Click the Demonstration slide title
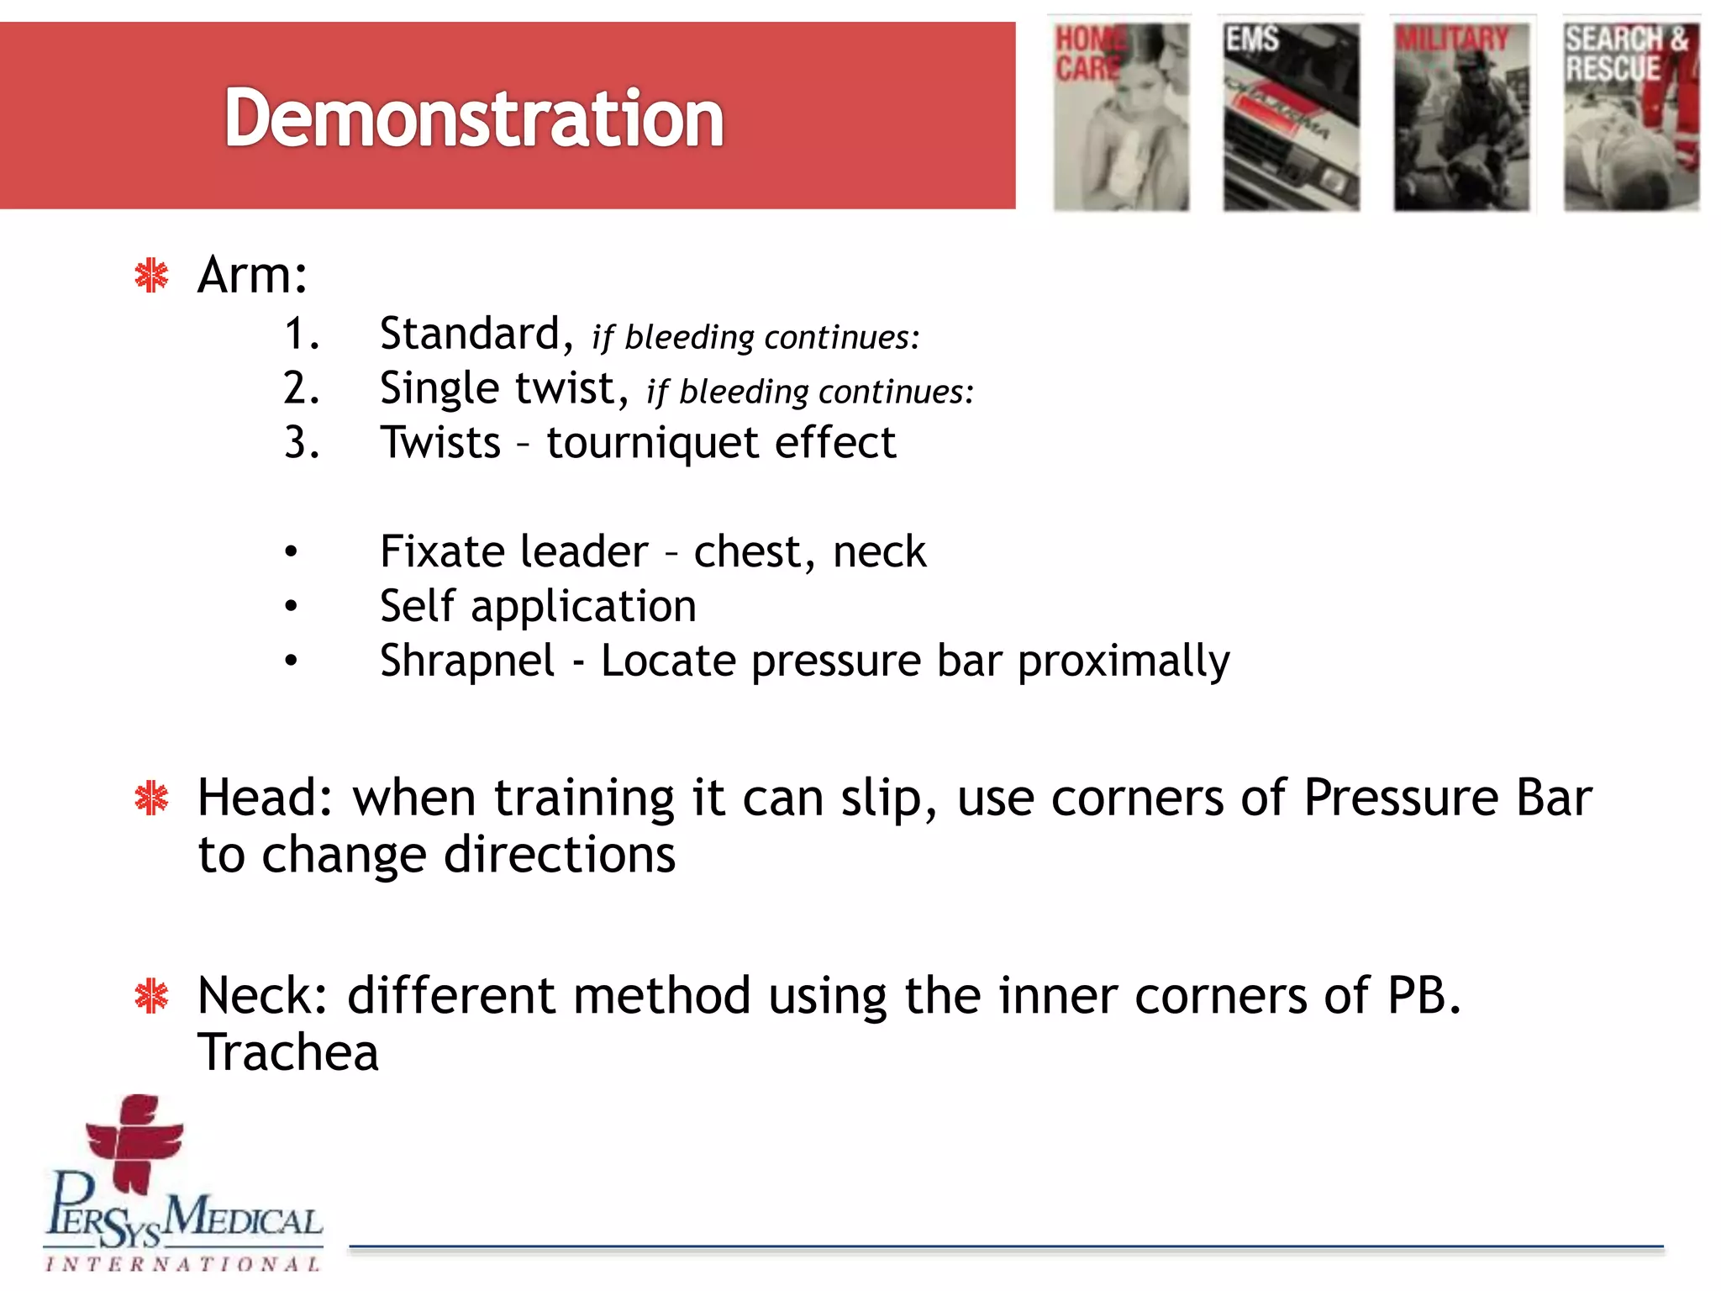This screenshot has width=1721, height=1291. pyautogui.click(x=473, y=119)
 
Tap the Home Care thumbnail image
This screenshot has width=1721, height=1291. pyautogui.click(x=1122, y=116)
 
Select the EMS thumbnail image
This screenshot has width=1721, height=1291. pyautogui.click(x=1291, y=116)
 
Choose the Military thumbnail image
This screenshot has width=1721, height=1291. pyautogui.click(x=1461, y=116)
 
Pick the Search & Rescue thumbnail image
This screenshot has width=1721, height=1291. pyautogui.click(x=1631, y=116)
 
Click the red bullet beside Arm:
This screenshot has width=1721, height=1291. pyautogui.click(x=152, y=276)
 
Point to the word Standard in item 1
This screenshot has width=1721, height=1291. pyautogui.click(x=470, y=334)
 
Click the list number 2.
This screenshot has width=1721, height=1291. pyautogui.click(x=301, y=388)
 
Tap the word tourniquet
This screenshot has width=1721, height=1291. pyautogui.click(x=652, y=443)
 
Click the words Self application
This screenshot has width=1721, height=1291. pyautogui.click(x=538, y=606)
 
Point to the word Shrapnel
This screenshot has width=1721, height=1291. pyautogui.click(x=467, y=661)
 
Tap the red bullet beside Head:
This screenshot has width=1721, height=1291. pyautogui.click(x=152, y=798)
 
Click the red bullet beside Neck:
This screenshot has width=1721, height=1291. pyautogui.click(x=152, y=997)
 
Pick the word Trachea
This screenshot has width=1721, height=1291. pyautogui.click(x=288, y=1052)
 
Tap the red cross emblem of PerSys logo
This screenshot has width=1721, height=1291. pyautogui.click(x=134, y=1143)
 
